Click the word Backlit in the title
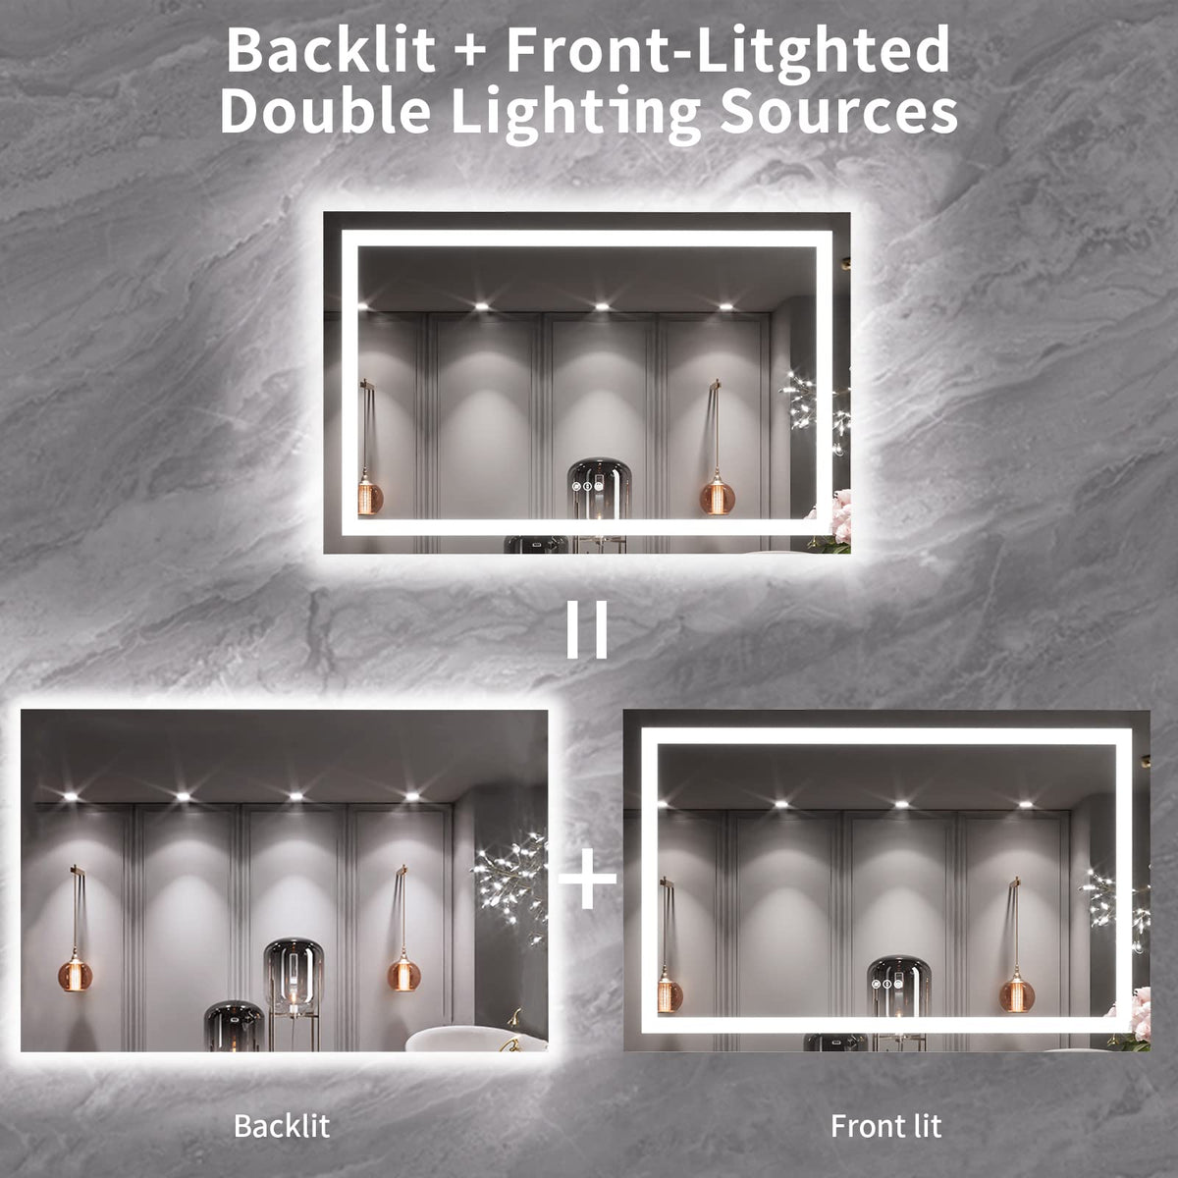331,50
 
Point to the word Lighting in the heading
577,115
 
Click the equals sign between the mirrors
587,629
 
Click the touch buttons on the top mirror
587,487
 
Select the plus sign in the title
470,52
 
